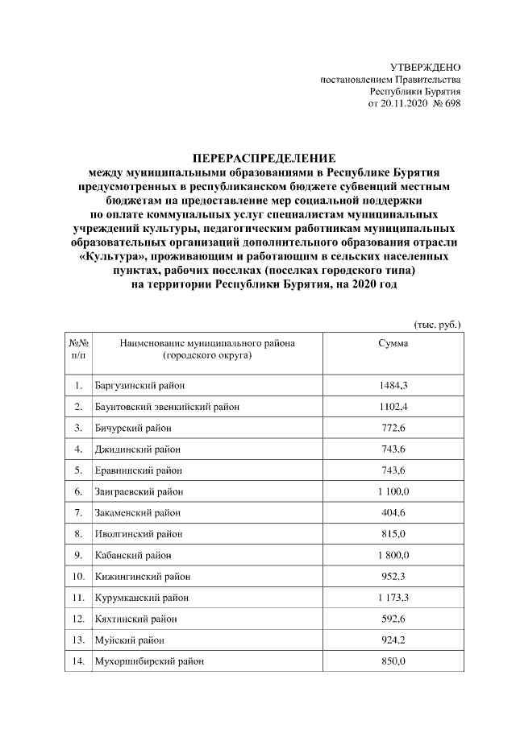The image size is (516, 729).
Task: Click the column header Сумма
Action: tap(393, 343)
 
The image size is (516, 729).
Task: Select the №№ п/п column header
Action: tap(78, 349)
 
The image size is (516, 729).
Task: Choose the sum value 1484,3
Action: tap(393, 385)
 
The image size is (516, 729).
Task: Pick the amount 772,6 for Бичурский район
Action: tap(393, 427)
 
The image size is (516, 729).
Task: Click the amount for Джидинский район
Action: tap(393, 448)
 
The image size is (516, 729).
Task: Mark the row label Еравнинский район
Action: tap(135, 470)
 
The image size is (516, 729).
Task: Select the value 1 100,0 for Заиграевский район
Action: tap(393, 491)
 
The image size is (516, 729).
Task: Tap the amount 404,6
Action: tap(393, 512)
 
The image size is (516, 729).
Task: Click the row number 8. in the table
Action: tap(78, 533)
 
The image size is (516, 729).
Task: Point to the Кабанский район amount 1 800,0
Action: tap(393, 554)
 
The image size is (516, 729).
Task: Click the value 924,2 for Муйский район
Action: tap(393, 640)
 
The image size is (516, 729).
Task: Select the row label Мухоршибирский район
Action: tap(149, 661)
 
